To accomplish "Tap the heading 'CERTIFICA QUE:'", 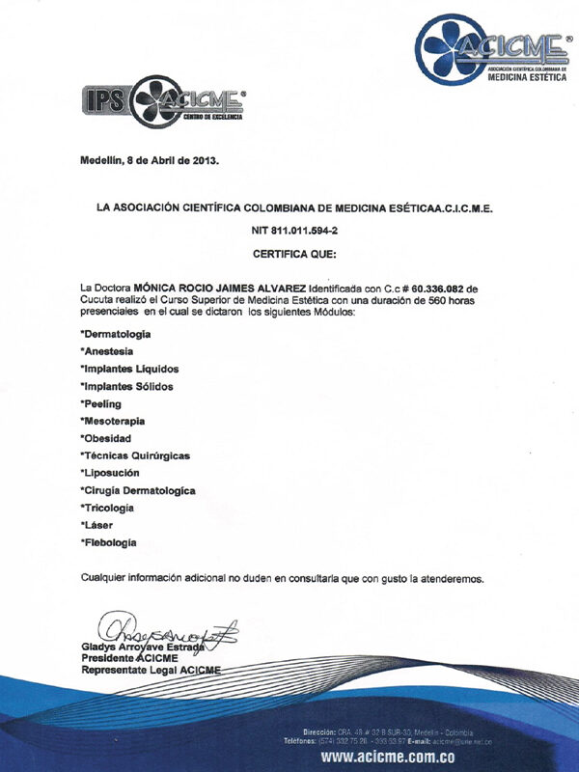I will (289, 255).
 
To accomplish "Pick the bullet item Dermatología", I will (117, 334).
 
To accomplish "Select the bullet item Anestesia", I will (108, 351).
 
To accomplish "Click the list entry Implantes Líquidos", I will (130, 369).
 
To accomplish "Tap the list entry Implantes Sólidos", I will (128, 386).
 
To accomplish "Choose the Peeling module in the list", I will (102, 403).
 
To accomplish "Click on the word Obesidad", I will (108, 438).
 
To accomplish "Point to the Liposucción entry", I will (112, 473).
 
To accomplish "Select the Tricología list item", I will (108, 508).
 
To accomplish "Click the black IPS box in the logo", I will (101, 101).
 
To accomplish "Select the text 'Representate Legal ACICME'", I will (151, 669).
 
